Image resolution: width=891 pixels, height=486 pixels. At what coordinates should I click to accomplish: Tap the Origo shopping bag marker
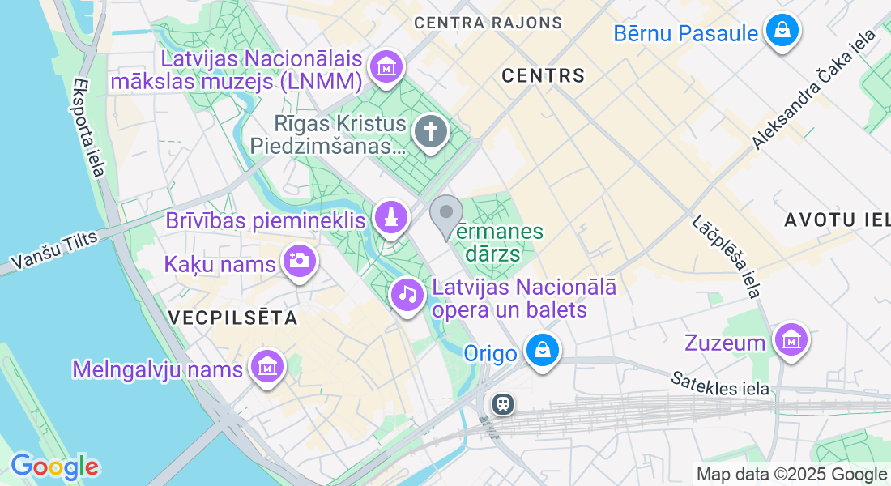coord(541,352)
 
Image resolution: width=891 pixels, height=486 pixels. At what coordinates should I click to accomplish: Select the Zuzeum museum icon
coord(790,340)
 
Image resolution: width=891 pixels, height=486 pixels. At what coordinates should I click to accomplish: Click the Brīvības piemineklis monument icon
coord(390,217)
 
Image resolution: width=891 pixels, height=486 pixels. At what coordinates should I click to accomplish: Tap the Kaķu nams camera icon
coord(299,261)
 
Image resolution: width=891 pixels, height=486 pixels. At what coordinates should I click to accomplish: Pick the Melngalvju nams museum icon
coord(266,368)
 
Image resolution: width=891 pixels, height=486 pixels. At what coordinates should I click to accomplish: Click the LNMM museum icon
coord(386,66)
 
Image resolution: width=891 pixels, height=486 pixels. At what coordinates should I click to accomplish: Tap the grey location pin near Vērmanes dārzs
coord(446,215)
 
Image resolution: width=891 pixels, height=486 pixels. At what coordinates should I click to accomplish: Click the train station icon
coord(502,403)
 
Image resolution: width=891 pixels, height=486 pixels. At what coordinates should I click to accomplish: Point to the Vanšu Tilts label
coord(53,250)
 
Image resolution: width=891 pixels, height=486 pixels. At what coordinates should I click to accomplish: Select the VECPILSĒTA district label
coord(233,318)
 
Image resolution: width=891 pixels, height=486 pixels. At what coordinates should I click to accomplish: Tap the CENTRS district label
coord(543,76)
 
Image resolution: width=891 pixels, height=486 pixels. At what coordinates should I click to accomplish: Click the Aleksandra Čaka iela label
coord(815,89)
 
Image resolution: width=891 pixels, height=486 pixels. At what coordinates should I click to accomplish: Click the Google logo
coord(54,467)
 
